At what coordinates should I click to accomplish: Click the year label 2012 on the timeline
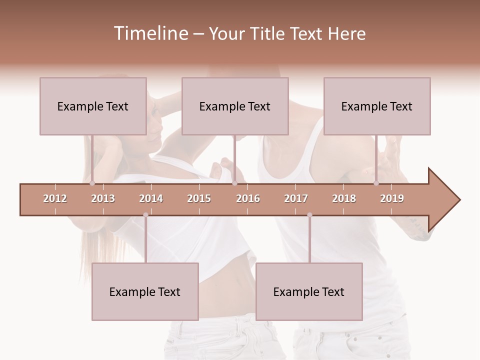click(x=55, y=198)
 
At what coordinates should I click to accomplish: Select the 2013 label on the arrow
click(x=103, y=198)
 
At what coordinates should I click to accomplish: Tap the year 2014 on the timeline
click(x=151, y=198)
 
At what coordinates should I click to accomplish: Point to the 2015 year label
click(x=199, y=198)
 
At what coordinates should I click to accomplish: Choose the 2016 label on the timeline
click(x=248, y=198)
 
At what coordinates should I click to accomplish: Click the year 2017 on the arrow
click(x=296, y=198)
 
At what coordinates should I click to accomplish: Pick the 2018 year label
click(x=344, y=198)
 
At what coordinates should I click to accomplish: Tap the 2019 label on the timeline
click(x=392, y=198)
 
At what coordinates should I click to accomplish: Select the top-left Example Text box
click(x=93, y=106)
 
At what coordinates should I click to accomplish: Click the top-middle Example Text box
click(x=235, y=106)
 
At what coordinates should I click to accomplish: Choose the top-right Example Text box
click(x=377, y=106)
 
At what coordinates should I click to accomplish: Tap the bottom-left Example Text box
click(x=145, y=291)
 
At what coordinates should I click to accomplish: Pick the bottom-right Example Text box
click(x=309, y=291)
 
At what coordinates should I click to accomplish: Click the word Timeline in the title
click(x=150, y=33)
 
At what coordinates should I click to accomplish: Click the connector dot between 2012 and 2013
click(x=92, y=183)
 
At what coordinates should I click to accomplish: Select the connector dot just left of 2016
click(x=234, y=183)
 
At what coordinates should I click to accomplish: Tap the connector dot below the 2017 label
click(x=309, y=215)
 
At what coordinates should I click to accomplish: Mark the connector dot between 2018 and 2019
click(x=376, y=183)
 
